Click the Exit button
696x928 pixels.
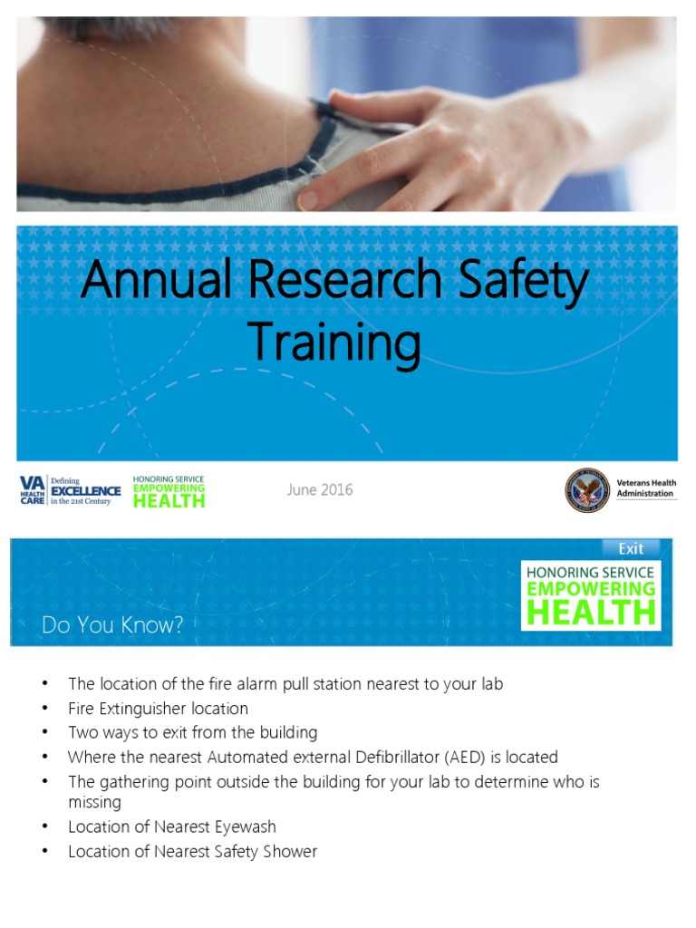pos(631,548)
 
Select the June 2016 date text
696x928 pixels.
pos(320,490)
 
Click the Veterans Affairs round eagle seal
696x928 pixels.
pos(587,490)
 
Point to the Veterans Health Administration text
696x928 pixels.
pos(645,488)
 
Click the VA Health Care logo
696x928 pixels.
pos(33,490)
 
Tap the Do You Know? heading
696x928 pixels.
pos(112,625)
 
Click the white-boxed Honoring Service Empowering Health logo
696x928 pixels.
pos(591,594)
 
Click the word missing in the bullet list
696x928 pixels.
pos(95,802)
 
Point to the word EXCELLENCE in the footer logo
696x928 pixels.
pos(85,490)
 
